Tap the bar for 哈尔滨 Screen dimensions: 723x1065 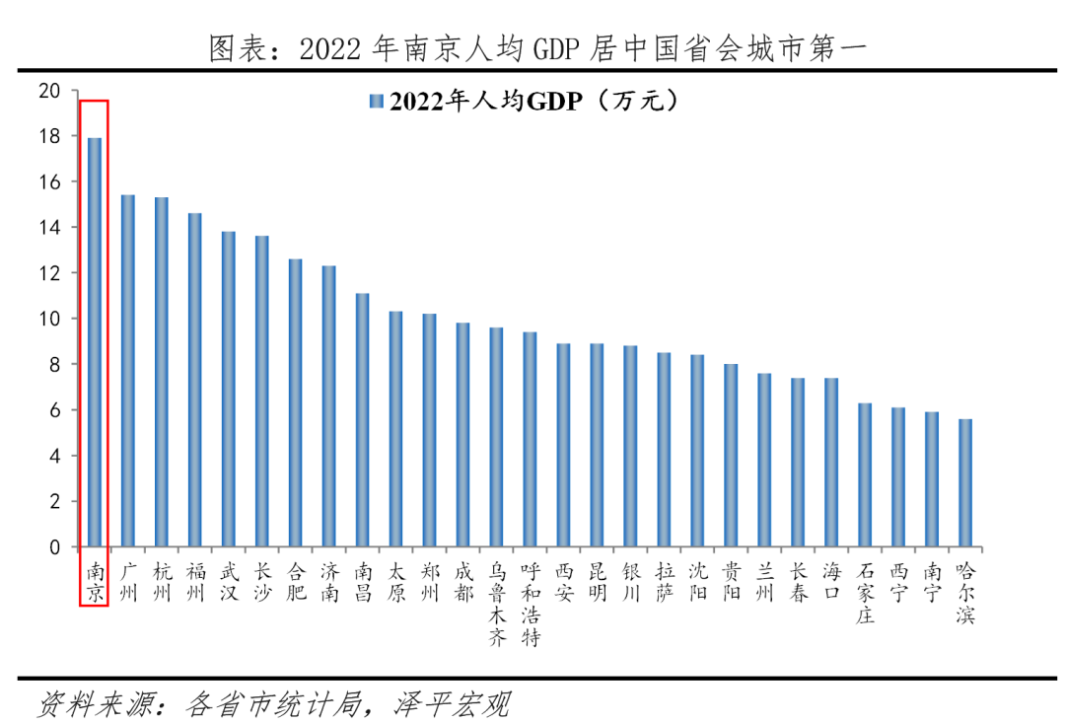coord(965,483)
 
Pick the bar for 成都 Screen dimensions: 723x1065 coord(462,435)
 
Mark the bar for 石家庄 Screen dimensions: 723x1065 coord(865,474)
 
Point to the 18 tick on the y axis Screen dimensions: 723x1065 coord(50,136)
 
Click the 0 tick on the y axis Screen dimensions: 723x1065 coord(55,547)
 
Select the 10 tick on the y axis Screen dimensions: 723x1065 coord(50,319)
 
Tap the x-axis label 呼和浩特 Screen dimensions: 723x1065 coord(530,605)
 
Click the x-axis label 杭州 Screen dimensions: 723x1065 coord(162,583)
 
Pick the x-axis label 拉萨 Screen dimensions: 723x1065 coord(664,583)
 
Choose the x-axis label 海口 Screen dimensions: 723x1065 coord(831,583)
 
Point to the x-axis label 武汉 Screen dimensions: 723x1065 coord(228,583)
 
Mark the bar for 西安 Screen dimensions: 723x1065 coord(563,445)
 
